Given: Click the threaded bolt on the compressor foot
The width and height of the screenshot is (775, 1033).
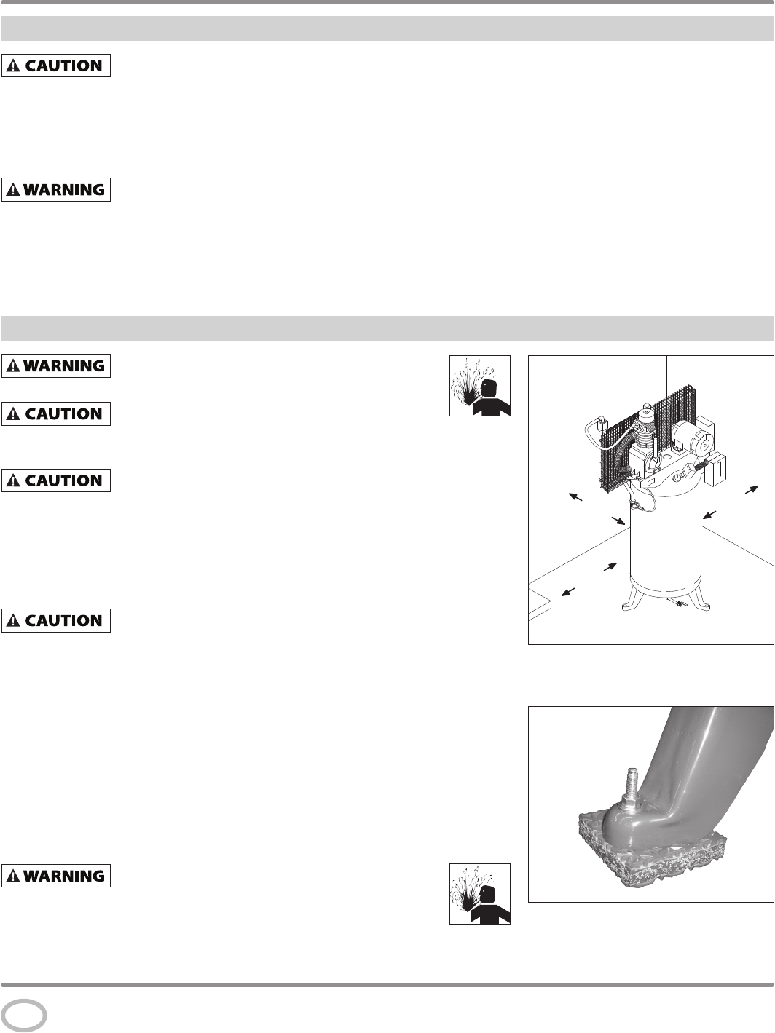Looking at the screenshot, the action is pyautogui.click(x=632, y=783).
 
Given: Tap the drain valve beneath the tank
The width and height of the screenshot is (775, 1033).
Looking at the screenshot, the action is pyautogui.click(x=674, y=601).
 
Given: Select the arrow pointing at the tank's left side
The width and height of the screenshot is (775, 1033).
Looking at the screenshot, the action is pyautogui.click(x=618, y=521).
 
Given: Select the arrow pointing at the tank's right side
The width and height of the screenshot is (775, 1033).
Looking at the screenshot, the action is pyautogui.click(x=709, y=515).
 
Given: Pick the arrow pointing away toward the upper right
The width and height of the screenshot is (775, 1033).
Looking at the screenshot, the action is pyautogui.click(x=752, y=489).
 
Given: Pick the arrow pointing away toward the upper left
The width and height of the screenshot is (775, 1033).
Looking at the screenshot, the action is pyautogui.click(x=575, y=496).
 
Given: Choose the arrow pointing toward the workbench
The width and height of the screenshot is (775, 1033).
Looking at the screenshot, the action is pyautogui.click(x=568, y=592).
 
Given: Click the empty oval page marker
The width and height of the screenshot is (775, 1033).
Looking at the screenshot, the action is pyautogui.click(x=24, y=1016).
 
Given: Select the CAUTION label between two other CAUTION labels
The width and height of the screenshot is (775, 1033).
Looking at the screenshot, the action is pyautogui.click(x=56, y=480).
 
